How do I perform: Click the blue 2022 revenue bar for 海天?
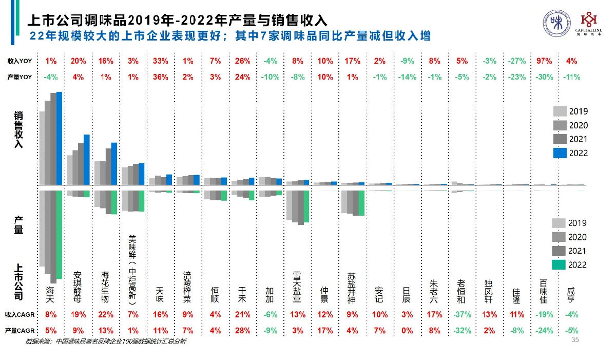(x=59, y=139)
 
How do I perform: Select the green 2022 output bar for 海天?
(x=59, y=234)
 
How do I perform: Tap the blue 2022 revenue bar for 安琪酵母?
(x=87, y=160)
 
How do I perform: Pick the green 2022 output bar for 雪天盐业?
(x=306, y=206)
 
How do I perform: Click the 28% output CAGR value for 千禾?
(x=243, y=331)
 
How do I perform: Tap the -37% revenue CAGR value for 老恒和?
(x=462, y=314)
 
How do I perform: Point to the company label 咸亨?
(x=571, y=295)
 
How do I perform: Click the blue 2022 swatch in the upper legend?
(x=560, y=153)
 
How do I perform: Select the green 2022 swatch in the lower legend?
(x=559, y=265)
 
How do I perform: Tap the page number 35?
(x=575, y=340)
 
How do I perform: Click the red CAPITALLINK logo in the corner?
(x=589, y=23)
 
